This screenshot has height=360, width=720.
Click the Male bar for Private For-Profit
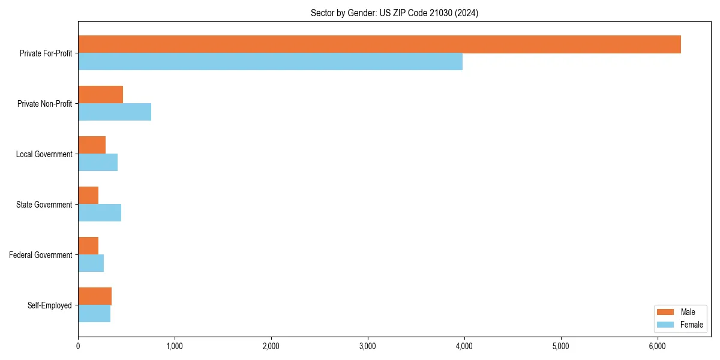click(379, 44)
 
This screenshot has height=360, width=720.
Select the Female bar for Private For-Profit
click(270, 61)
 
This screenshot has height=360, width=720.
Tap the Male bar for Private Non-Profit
click(100, 95)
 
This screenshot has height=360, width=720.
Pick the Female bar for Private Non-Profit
click(115, 112)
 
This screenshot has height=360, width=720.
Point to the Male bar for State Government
click(88, 196)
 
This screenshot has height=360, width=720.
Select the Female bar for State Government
click(100, 212)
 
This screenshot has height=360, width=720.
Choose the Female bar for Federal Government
click(91, 263)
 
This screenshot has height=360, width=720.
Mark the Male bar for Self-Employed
click(95, 296)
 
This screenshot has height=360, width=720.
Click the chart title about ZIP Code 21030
click(394, 13)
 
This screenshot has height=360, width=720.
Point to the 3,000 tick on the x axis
click(368, 346)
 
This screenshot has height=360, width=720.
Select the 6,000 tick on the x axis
click(657, 346)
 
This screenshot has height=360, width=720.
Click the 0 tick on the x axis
click(78, 346)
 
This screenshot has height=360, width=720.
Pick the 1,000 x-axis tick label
click(175, 346)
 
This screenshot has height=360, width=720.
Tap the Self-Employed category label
click(50, 305)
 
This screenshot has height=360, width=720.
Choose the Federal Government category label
click(41, 255)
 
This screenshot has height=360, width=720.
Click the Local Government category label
click(44, 154)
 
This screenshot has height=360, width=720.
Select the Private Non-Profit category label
click(44, 104)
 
